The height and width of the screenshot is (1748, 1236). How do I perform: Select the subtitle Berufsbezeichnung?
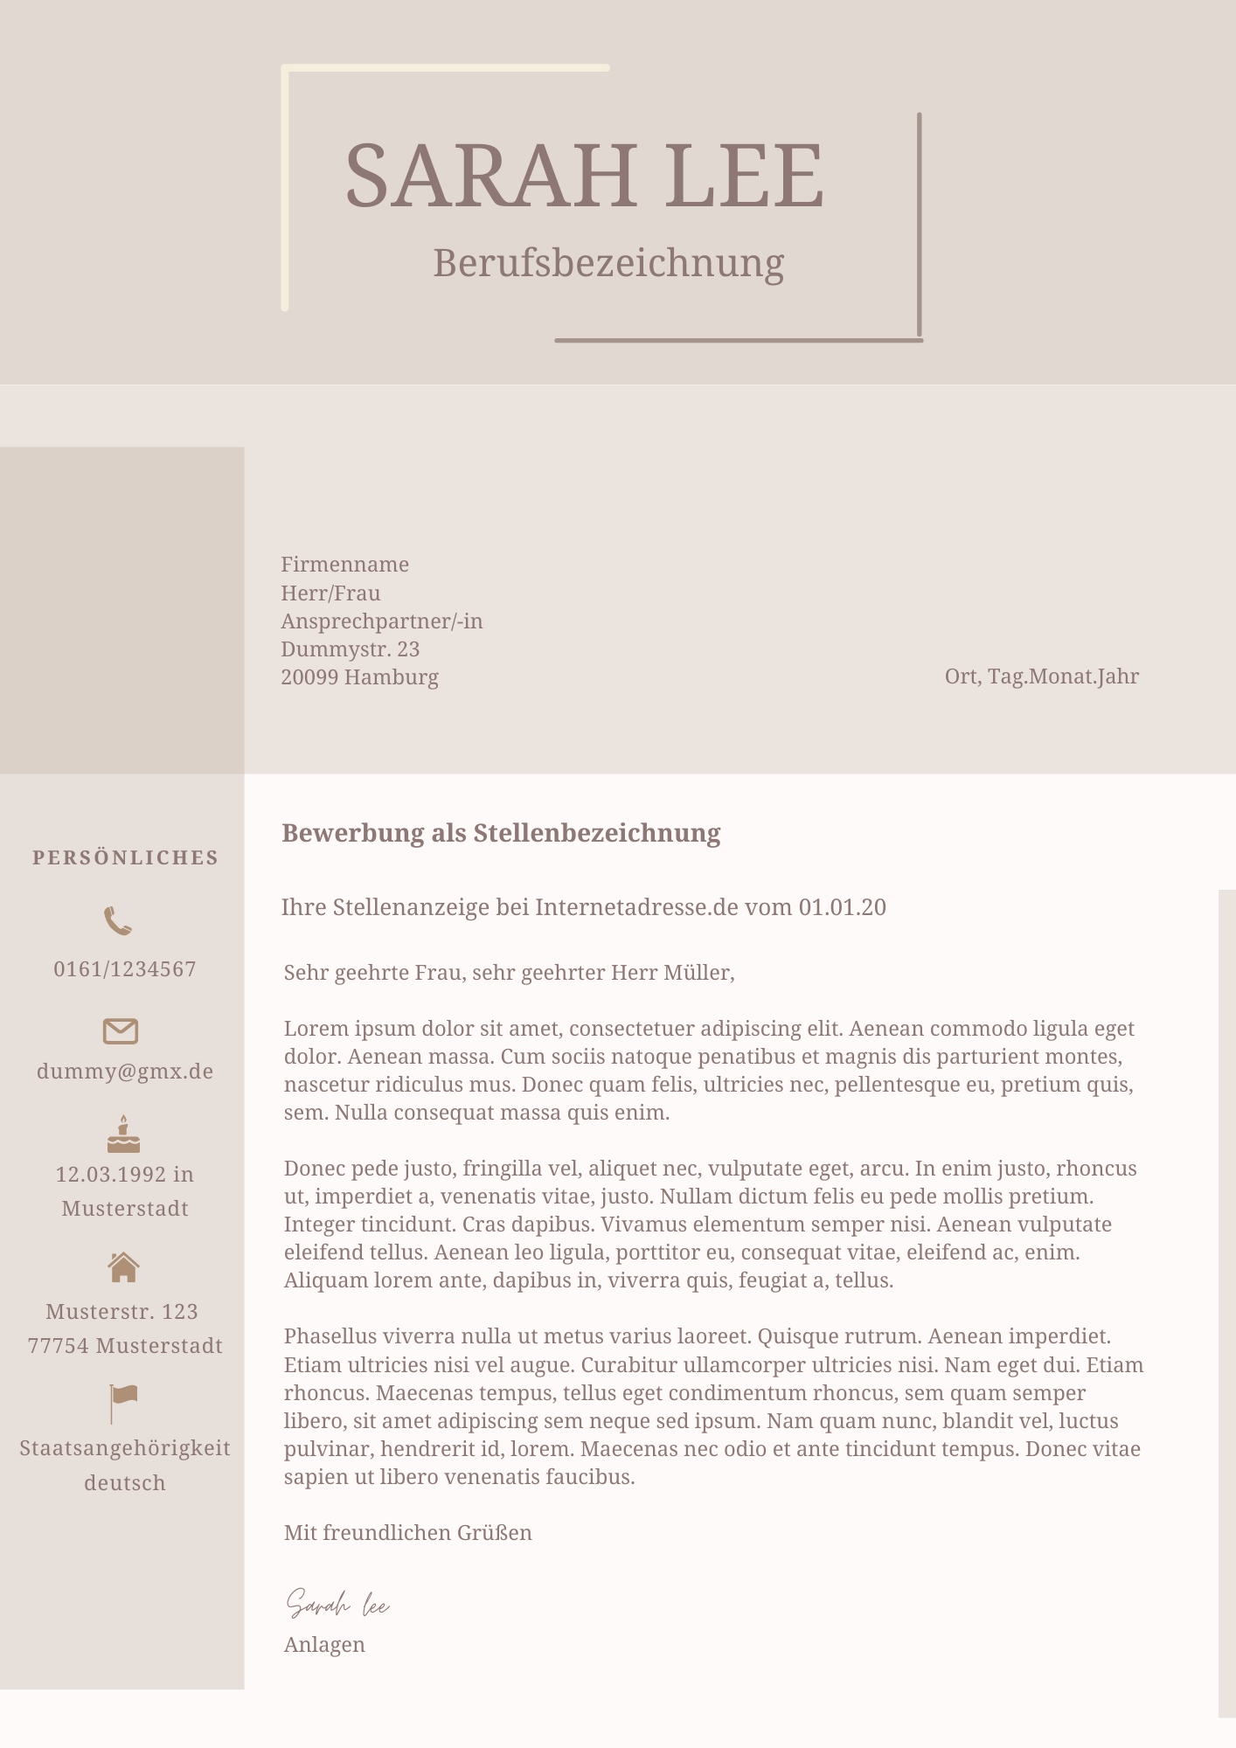pos(608,262)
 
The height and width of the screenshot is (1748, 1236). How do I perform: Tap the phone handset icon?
pos(118,921)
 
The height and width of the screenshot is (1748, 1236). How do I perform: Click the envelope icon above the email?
pos(121,1031)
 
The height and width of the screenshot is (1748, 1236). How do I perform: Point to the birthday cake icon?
pos(123,1134)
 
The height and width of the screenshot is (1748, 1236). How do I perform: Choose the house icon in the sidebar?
pos(123,1266)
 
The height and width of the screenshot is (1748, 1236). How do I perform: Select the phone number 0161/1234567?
pos(125,969)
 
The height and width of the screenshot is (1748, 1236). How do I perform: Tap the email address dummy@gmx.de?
pos(125,1072)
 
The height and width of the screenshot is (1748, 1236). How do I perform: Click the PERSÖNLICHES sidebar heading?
pos(125,858)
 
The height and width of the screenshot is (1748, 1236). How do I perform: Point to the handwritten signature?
pos(337,1605)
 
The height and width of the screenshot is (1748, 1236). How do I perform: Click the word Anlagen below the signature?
pos(324,1645)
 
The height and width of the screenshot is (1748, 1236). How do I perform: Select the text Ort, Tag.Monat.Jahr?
pos(1041,676)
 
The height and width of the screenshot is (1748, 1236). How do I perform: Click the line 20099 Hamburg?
pos(359,677)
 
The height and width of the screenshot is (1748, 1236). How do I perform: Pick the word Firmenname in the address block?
pos(344,565)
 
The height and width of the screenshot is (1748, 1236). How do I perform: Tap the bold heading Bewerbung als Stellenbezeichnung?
pos(501,833)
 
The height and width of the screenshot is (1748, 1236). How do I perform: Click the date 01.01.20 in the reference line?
pos(842,907)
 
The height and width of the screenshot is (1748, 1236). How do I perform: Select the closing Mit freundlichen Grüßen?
pos(407,1533)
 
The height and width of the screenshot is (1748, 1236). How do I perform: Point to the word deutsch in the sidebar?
pos(125,1483)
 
